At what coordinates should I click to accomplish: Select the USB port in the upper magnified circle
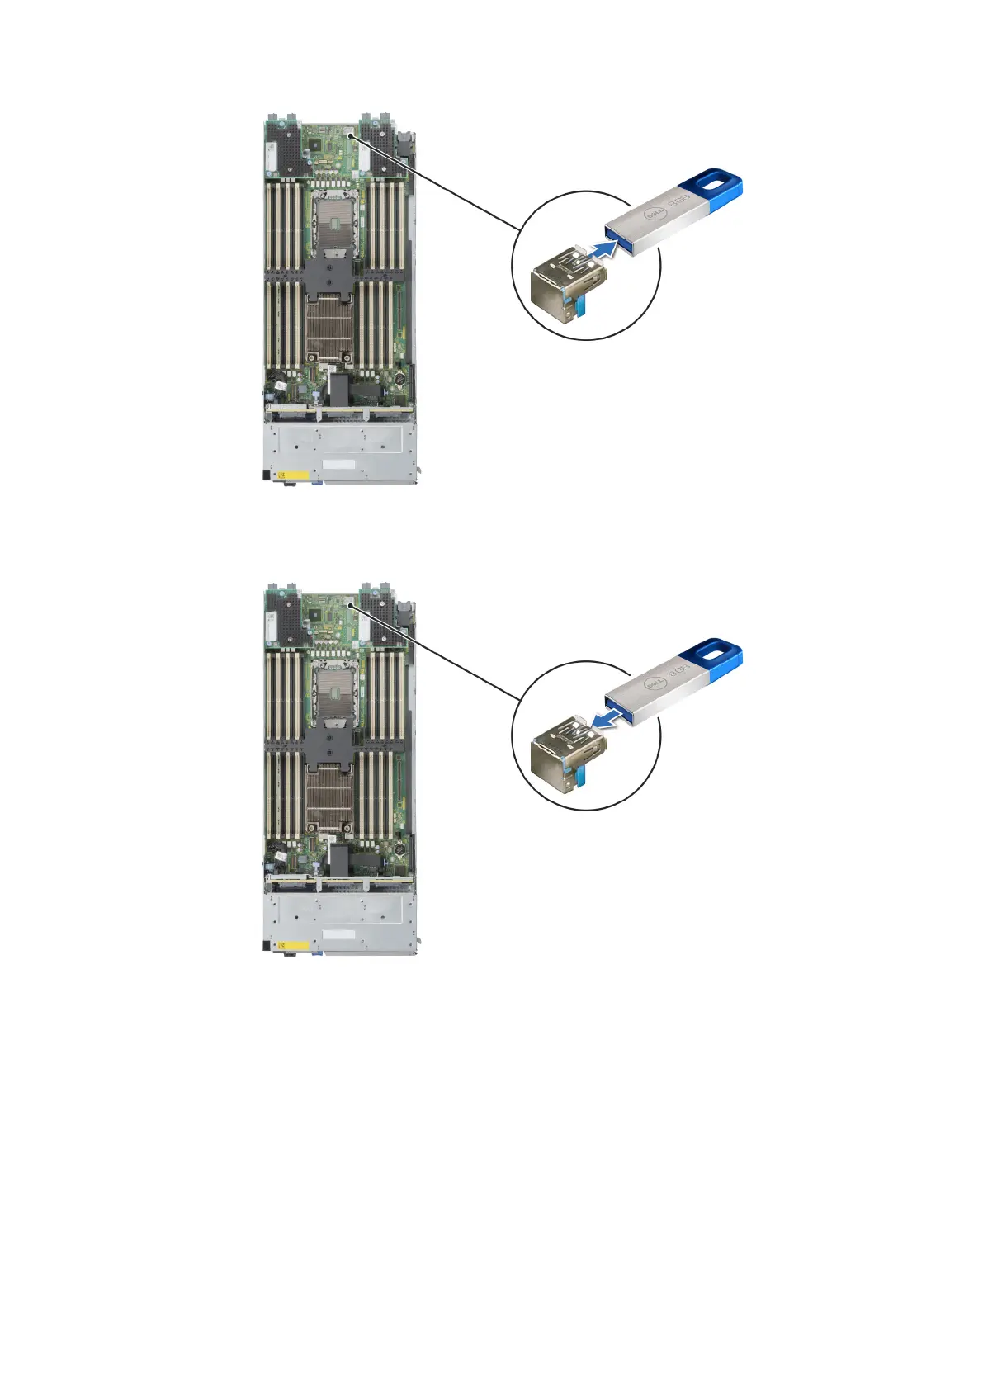[x=562, y=281]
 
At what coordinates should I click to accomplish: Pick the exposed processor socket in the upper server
[x=333, y=219]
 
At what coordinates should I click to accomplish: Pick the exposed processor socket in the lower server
[x=333, y=689]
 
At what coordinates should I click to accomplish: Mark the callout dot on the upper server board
[x=352, y=135]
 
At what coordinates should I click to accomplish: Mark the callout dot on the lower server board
[x=352, y=605]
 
